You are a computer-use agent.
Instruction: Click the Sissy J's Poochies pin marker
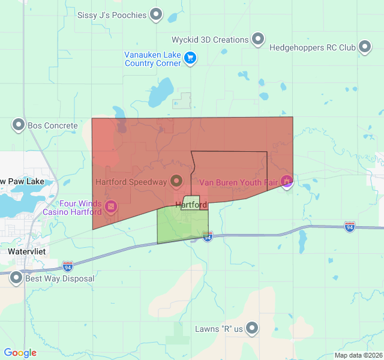click(x=156, y=14)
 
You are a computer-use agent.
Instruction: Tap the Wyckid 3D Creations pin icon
click(x=258, y=39)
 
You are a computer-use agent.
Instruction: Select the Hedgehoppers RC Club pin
click(x=365, y=47)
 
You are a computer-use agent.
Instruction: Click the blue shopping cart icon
click(x=190, y=58)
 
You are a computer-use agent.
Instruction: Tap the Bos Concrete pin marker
click(x=18, y=125)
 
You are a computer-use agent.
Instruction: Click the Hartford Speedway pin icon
click(x=176, y=180)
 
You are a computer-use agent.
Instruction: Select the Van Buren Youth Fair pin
click(x=287, y=181)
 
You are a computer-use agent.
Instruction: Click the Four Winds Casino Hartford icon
click(x=111, y=207)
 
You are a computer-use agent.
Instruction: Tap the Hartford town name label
click(x=191, y=205)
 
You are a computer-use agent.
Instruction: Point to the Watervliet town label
click(x=23, y=252)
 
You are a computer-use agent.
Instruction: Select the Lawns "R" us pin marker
click(x=252, y=328)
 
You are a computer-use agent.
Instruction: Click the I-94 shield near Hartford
click(x=208, y=238)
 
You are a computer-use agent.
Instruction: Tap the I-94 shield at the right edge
click(x=349, y=227)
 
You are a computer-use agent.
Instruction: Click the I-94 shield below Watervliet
click(x=68, y=265)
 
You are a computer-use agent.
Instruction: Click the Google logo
click(x=20, y=353)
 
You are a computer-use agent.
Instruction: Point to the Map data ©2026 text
click(x=358, y=355)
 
